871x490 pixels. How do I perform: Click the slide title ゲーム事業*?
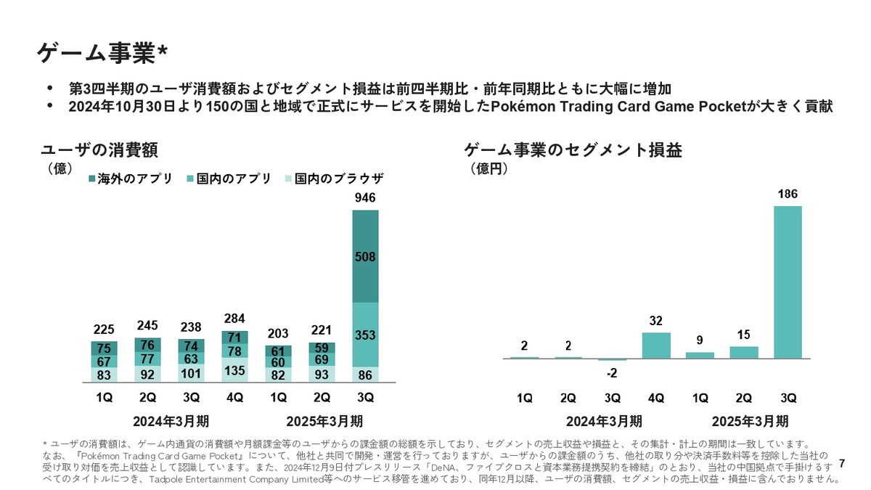point(102,54)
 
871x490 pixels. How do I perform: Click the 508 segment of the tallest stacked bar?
point(365,256)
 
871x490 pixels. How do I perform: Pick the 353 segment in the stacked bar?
point(365,335)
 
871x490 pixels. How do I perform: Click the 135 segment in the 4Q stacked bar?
point(234,370)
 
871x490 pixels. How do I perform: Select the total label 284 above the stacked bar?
point(234,319)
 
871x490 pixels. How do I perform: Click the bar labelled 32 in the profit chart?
point(656,346)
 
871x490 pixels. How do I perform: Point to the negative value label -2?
point(613,373)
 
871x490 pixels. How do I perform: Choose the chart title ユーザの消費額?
point(99,150)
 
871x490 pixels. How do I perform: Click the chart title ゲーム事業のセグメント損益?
point(573,150)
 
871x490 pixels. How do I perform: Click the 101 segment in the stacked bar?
point(191,374)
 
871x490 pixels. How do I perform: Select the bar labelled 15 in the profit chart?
point(744,352)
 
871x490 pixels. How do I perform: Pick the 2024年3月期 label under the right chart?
point(604,421)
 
